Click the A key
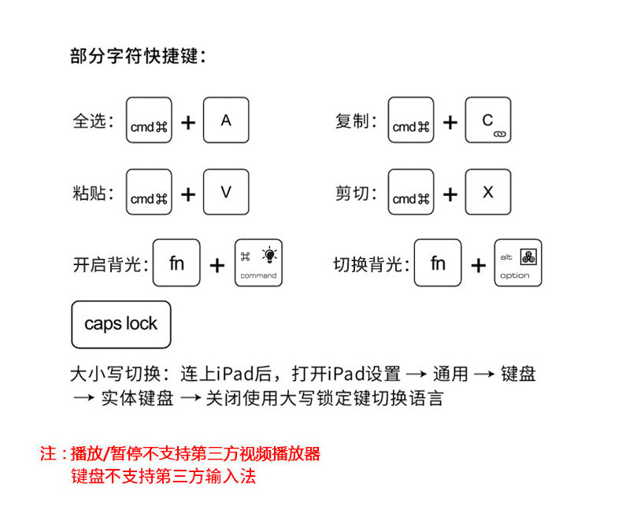coord(226,120)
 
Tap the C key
coord(488,120)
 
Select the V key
coord(226,192)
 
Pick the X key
coord(488,192)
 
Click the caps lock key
coord(120,324)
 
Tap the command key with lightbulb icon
coord(258,264)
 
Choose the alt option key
coord(518,264)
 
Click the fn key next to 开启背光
coord(176,263)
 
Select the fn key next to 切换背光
coord(438,263)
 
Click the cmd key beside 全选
coord(149,120)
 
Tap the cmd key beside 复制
coord(411,120)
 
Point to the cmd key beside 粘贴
coord(149,192)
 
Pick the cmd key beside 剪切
coord(411,192)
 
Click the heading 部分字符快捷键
coord(138,57)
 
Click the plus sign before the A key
coord(188,123)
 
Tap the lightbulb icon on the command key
coord(270,254)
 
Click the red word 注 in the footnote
coord(47,454)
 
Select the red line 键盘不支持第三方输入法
coord(163,476)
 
